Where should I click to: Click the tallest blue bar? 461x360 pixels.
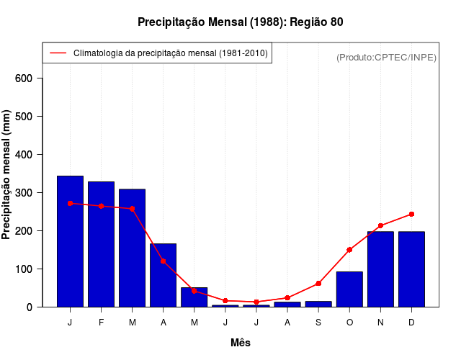coord(70,241)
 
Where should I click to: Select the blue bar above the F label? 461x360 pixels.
coord(101,244)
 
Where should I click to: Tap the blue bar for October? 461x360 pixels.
coord(349,289)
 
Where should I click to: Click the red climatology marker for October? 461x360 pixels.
coord(349,250)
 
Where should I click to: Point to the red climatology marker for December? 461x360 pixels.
coord(411,214)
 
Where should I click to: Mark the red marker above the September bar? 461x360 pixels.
coord(318,284)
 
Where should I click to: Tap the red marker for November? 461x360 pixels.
coord(380,225)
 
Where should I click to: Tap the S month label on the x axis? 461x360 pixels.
coord(318,323)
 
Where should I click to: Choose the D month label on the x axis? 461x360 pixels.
coord(411,323)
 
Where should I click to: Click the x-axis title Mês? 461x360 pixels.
coord(241,343)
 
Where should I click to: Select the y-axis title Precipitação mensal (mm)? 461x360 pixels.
coord(7,175)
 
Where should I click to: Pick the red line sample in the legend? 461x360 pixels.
coord(58,53)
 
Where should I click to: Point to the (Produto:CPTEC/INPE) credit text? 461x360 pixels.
coord(386,57)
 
